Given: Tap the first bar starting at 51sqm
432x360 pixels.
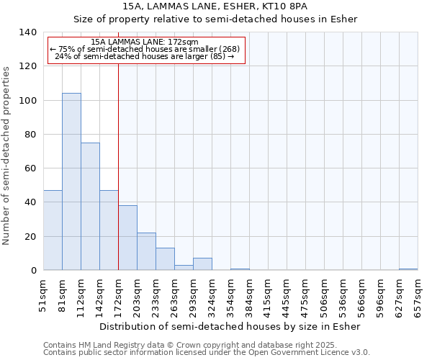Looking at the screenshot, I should [53, 230].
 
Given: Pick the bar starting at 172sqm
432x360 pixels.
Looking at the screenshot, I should [127, 238].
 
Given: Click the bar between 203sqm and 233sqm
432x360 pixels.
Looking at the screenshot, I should [146, 251].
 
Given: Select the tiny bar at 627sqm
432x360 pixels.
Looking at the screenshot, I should [408, 269].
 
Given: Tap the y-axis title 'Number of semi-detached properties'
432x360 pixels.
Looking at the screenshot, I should [7, 155].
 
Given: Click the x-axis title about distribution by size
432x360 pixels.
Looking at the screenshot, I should [230, 326].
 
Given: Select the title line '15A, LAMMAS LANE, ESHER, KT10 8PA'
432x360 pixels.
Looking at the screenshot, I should [215, 6].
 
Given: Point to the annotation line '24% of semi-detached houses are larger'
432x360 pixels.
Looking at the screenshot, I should [144, 56].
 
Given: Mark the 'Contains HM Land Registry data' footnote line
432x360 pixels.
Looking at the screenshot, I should [205, 346].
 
